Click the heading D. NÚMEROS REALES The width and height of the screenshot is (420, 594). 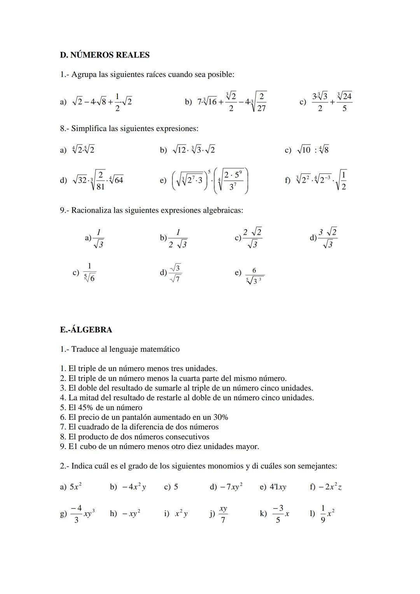(x=105, y=55)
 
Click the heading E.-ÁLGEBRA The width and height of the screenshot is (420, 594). (x=86, y=330)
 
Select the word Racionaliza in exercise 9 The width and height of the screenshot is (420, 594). (x=91, y=210)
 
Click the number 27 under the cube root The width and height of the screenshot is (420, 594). (x=261, y=108)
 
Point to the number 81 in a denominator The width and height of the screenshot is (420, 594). (x=100, y=187)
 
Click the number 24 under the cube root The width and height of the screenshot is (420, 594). (x=346, y=96)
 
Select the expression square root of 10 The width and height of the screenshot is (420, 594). (x=304, y=150)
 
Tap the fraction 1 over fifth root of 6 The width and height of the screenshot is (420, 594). (x=89, y=273)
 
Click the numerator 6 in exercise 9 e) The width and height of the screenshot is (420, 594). (x=254, y=271)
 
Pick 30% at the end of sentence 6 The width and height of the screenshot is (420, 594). (x=220, y=418)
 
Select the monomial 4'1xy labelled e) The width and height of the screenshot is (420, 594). (x=278, y=487)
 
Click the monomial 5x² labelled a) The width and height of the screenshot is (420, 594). (x=75, y=487)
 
